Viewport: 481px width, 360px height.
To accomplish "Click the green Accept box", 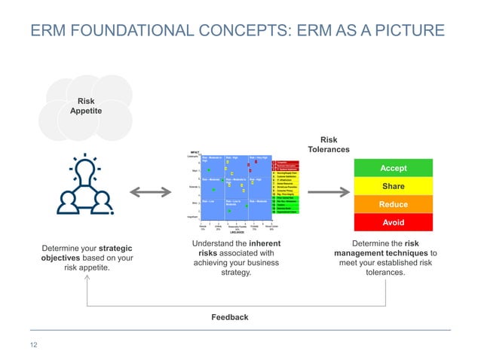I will tap(393, 168).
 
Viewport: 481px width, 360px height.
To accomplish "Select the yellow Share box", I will tap(393, 186).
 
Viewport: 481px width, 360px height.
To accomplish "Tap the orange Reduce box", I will tap(393, 204).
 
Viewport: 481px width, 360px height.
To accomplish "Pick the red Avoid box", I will tap(393, 222).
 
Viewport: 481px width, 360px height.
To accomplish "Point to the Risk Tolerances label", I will tap(329, 145).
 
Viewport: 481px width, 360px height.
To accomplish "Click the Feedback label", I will tap(229, 317).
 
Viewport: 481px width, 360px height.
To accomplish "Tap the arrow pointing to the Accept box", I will tap(328, 193).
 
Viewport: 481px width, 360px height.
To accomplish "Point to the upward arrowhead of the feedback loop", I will tap(88, 278).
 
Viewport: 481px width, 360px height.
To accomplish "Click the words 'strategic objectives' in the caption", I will tap(89, 252).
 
